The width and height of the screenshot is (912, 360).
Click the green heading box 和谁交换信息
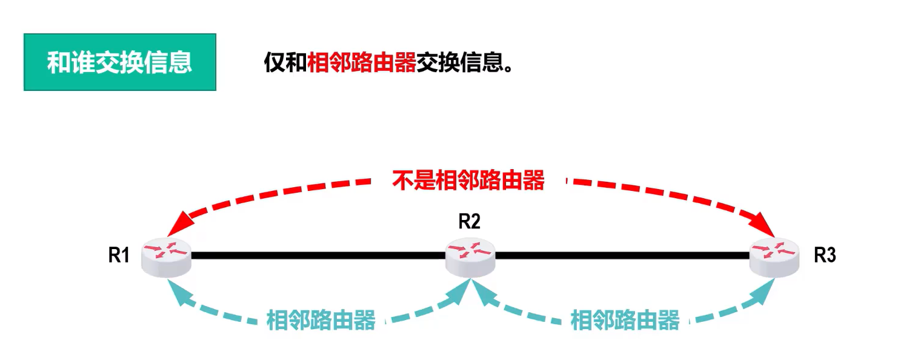click(x=120, y=62)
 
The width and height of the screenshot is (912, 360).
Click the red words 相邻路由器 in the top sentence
click(x=362, y=62)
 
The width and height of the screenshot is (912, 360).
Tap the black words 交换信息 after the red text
click(x=464, y=62)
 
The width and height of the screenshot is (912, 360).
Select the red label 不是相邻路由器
click(x=468, y=181)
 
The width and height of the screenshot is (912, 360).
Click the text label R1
click(x=119, y=256)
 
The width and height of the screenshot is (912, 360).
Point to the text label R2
click(x=469, y=222)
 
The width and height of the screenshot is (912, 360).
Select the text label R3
click(x=825, y=256)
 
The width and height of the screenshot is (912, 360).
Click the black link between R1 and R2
click(x=318, y=256)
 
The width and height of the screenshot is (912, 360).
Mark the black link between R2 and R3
click(x=622, y=256)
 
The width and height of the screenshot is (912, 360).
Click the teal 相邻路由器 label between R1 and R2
click(x=321, y=320)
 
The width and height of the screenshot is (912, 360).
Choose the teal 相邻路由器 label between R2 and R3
click(x=625, y=320)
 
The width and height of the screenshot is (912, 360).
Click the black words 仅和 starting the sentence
click(x=285, y=62)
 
